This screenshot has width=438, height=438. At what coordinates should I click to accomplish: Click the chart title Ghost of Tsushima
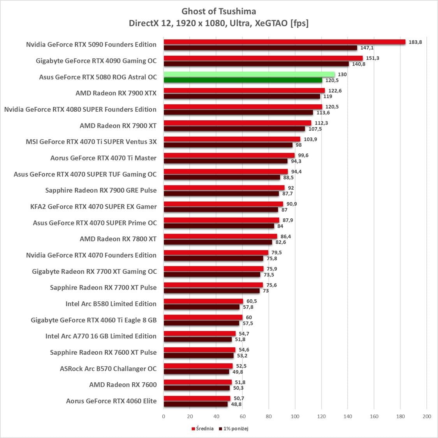[x=219, y=11]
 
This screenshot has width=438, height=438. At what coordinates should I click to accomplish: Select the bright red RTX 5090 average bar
[x=284, y=42]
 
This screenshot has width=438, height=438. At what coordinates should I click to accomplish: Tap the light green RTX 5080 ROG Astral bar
[x=249, y=74]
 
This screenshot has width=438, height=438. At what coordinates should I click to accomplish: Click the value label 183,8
[x=415, y=42]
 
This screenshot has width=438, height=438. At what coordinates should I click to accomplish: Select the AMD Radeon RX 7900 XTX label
[x=116, y=93]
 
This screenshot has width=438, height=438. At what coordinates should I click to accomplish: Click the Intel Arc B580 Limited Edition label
[x=111, y=304]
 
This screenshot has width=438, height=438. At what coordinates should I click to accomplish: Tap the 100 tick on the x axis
[x=295, y=417]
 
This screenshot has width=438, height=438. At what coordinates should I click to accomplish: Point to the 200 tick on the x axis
[x=427, y=417]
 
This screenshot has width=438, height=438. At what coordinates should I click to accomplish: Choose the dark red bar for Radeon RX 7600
[x=197, y=388]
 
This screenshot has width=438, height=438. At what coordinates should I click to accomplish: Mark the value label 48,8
[x=236, y=404]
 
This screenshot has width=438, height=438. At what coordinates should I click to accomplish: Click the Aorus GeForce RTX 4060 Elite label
[x=111, y=401]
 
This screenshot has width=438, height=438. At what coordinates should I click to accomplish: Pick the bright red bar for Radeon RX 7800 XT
[x=220, y=236]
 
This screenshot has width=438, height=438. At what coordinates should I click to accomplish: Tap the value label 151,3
[x=373, y=58]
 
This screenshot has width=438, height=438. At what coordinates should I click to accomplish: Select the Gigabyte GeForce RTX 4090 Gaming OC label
[x=96, y=61]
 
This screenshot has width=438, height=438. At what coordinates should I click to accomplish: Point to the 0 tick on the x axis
[x=164, y=417]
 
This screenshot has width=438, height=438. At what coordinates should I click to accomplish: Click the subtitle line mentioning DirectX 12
[x=219, y=23]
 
